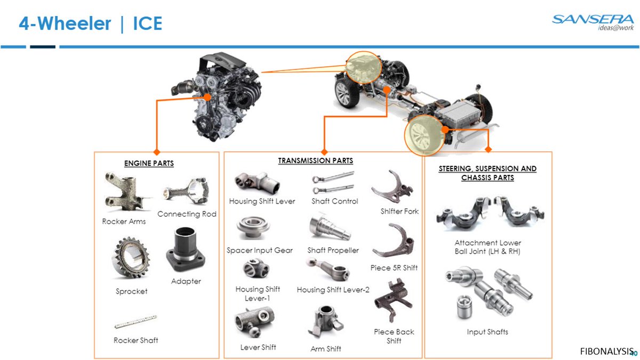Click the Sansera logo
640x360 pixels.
[x=593, y=22]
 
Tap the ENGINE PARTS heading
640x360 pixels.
[x=149, y=163]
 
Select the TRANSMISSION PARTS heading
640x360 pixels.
[x=315, y=161]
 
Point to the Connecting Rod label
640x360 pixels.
[x=187, y=214]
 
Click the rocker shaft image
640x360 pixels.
[x=135, y=322]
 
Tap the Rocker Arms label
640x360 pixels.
[x=124, y=221]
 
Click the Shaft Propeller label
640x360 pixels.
[x=333, y=250]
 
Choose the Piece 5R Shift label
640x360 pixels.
[x=394, y=268]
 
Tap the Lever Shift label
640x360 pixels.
[x=258, y=347]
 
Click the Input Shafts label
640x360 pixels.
[x=487, y=332]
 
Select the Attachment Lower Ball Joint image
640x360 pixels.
[x=487, y=212]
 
